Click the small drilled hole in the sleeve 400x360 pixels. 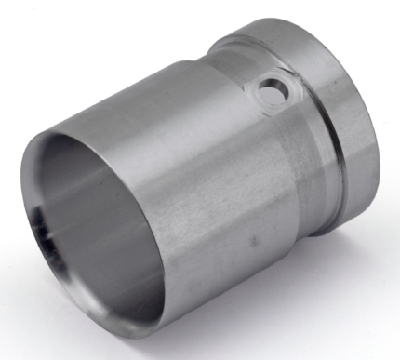[x=273, y=89]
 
